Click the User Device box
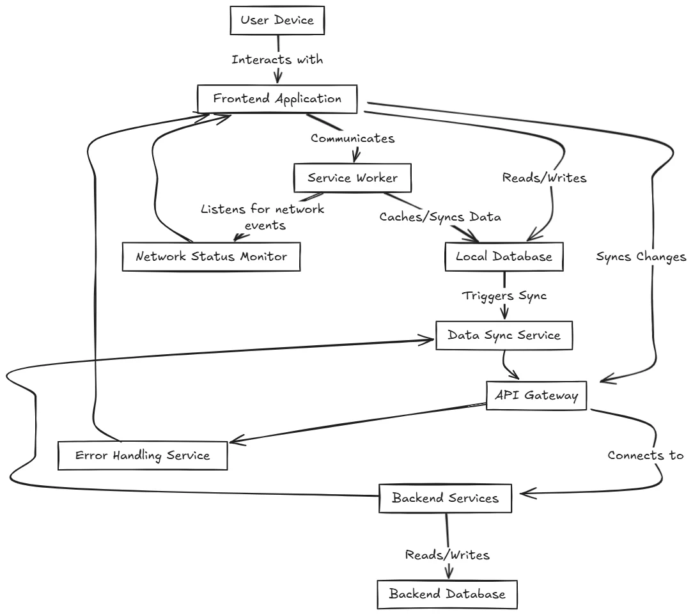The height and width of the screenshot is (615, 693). point(277,20)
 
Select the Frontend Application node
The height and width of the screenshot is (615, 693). point(277,99)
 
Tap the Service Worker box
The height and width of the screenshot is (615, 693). point(352,178)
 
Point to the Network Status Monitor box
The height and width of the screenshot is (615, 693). point(211,257)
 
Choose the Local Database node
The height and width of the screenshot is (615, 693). point(504,256)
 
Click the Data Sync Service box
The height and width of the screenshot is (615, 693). point(504,335)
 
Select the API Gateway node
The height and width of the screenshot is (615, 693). point(536,396)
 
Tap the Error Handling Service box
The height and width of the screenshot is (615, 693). point(143,456)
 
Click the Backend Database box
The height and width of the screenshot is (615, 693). point(446,594)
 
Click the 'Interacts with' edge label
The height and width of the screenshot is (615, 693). point(277,60)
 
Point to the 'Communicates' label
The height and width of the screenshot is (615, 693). point(352,138)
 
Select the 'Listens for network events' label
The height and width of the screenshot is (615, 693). point(262,217)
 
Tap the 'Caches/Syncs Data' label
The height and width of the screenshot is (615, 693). point(440,217)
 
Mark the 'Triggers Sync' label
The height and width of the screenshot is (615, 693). point(504,296)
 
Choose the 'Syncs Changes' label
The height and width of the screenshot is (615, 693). point(641,256)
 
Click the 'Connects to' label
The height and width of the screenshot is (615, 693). point(645,456)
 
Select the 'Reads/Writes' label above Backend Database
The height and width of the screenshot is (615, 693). point(448,555)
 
